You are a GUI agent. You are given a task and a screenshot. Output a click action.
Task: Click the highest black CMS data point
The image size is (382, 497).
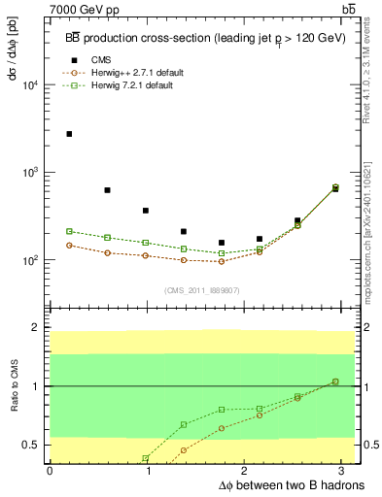pos(69,134)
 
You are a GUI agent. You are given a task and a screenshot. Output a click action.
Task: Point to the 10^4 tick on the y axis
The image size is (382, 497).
pos(31,85)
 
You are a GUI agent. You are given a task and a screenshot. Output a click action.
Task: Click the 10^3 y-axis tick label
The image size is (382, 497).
pos(31,173)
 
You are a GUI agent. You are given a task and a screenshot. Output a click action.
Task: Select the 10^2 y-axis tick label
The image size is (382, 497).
pos(31,260)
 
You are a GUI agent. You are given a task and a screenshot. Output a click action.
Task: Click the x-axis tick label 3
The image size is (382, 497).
pos(344,470)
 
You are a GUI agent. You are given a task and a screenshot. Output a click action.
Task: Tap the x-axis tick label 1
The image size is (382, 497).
pos(148,470)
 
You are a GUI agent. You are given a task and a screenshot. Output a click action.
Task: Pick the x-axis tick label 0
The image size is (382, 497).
pos(50,470)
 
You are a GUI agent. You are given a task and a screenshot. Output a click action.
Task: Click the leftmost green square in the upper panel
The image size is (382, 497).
pos(69,231)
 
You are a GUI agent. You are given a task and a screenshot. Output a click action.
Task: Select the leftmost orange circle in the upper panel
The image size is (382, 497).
pos(69,245)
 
